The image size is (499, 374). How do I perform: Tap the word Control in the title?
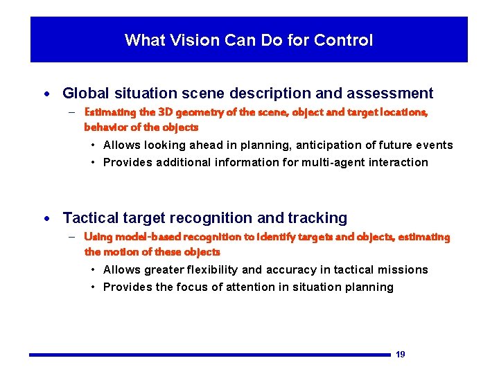(x=343, y=40)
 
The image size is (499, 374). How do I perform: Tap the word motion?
(x=122, y=252)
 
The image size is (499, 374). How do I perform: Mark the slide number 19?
(x=400, y=355)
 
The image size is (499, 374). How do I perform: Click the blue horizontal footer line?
(x=208, y=355)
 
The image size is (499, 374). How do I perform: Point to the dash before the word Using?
(x=72, y=237)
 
